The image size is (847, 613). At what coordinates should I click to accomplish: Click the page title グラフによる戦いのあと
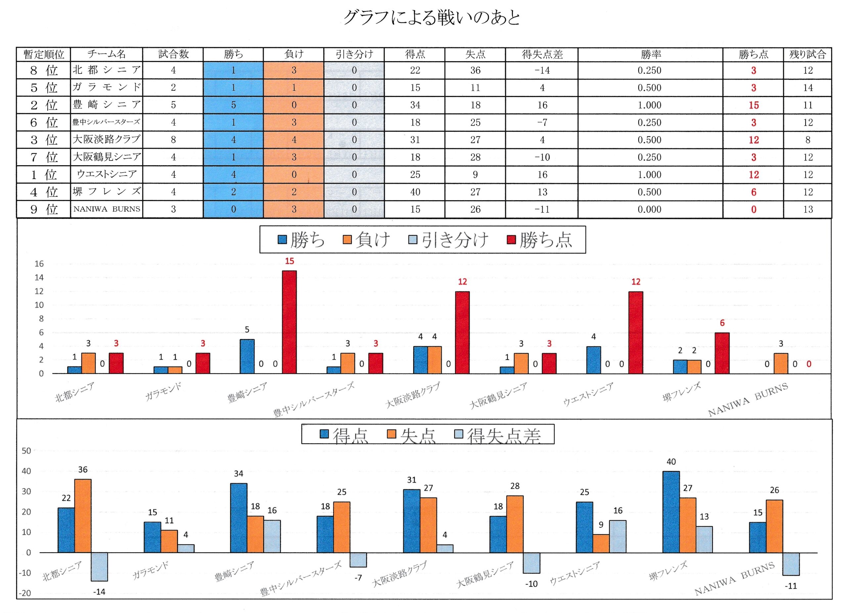pyautogui.click(x=432, y=18)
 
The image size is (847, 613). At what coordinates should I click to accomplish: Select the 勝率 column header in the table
pyautogui.click(x=650, y=55)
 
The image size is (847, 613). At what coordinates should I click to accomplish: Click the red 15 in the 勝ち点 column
pyautogui.click(x=753, y=105)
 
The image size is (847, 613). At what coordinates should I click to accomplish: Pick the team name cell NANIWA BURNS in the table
pyautogui.click(x=107, y=209)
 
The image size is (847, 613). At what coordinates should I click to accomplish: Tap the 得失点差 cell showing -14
pyautogui.click(x=542, y=71)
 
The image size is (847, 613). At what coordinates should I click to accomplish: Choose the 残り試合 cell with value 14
pyautogui.click(x=808, y=88)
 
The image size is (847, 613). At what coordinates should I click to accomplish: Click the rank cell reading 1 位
pyautogui.click(x=44, y=175)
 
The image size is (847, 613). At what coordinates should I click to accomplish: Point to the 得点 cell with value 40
pyautogui.click(x=415, y=192)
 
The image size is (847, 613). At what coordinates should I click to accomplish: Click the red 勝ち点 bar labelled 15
pyautogui.click(x=289, y=322)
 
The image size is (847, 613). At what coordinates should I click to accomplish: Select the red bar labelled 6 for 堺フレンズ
pyautogui.click(x=722, y=353)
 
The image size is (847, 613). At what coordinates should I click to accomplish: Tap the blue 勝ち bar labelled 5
pyautogui.click(x=247, y=356)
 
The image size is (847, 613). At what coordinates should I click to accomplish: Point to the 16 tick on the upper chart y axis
pyautogui.click(x=39, y=264)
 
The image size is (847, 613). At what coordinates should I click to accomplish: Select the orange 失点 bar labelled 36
pyautogui.click(x=83, y=515)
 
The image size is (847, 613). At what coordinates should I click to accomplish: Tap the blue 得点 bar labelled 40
pyautogui.click(x=671, y=512)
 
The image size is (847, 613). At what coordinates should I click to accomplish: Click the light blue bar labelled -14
pyautogui.click(x=99, y=567)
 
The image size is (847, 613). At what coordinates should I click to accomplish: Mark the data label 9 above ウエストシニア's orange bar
pyautogui.click(x=601, y=525)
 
